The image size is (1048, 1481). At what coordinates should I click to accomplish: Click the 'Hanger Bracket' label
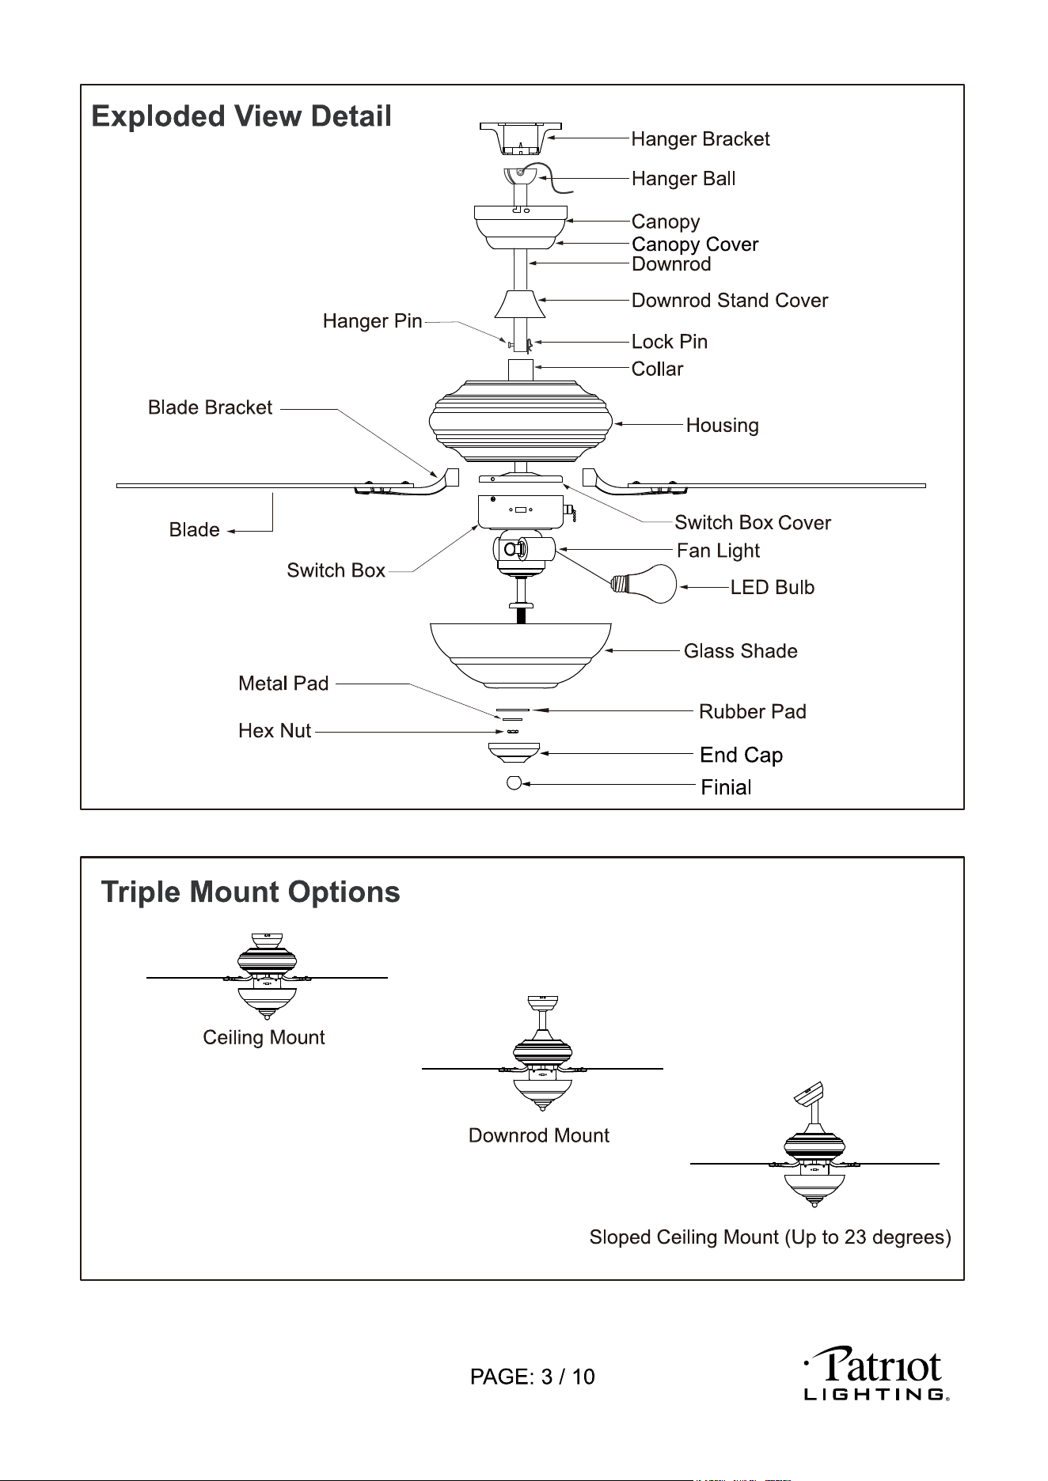click(x=700, y=139)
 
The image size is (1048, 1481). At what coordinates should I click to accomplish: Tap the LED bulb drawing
click(x=644, y=584)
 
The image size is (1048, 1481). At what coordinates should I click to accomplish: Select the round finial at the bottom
click(x=514, y=783)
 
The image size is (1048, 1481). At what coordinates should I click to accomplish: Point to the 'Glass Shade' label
click(x=740, y=651)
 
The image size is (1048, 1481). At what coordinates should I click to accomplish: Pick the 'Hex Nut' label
click(x=275, y=731)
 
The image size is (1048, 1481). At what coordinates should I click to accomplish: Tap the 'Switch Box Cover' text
click(x=752, y=523)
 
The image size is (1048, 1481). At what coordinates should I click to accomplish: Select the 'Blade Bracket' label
click(x=211, y=407)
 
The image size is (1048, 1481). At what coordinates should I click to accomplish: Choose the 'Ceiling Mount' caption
click(x=264, y=1037)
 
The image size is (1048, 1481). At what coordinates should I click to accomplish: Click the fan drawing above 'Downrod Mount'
click(x=542, y=1053)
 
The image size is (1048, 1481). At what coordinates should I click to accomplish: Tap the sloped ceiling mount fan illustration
click(x=814, y=1144)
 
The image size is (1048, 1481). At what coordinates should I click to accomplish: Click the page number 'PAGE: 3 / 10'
click(x=533, y=1377)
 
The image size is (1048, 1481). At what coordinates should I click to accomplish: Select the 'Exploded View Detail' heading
click(x=241, y=116)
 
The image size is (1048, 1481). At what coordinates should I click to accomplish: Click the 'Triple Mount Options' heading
click(x=251, y=892)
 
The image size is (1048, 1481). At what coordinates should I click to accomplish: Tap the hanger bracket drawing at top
click(x=520, y=138)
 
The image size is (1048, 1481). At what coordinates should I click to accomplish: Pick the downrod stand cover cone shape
click(x=520, y=304)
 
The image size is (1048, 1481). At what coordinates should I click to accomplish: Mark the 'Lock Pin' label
click(x=669, y=342)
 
